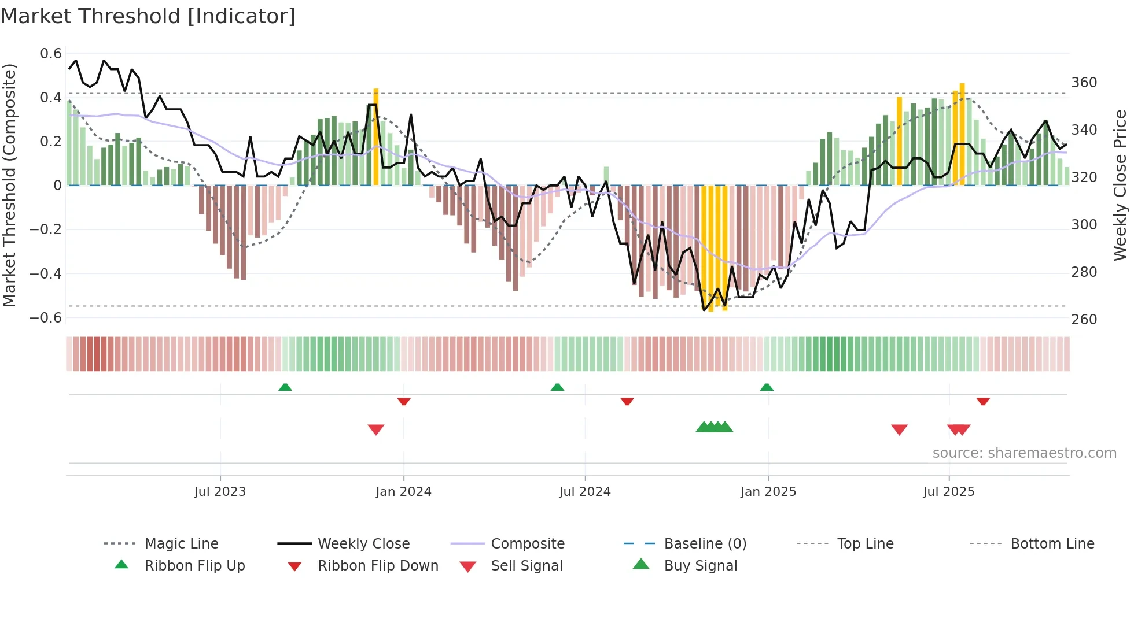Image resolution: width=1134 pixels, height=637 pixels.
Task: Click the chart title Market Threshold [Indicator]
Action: [148, 16]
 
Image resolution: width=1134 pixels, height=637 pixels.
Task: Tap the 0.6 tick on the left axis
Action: [51, 54]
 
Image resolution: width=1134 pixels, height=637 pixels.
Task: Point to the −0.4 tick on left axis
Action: [46, 273]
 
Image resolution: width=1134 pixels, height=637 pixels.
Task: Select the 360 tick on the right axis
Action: [1084, 83]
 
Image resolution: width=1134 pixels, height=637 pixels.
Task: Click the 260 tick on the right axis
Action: [1084, 319]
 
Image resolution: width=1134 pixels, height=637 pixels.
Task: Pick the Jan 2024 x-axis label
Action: [403, 492]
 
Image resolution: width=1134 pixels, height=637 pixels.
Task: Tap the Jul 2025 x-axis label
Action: [948, 492]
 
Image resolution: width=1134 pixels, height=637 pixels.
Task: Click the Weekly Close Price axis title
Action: [1120, 185]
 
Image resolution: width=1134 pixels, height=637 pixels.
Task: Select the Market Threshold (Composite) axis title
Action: [9, 185]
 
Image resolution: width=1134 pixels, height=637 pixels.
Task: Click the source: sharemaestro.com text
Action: [1024, 453]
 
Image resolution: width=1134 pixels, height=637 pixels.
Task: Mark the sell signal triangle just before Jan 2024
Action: [376, 429]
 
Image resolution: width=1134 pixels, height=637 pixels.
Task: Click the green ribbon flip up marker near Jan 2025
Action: [767, 387]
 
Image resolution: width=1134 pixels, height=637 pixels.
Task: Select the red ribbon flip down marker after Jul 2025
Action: [983, 401]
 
